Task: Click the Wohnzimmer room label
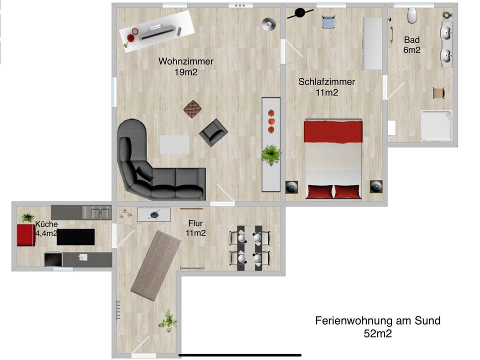point(186,61)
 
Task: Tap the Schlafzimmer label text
point(326,81)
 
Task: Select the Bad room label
point(412,40)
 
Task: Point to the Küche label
point(46,224)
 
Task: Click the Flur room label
point(195,223)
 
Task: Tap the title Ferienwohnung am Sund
point(377,320)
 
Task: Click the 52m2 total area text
point(377,334)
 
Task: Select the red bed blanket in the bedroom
point(333,131)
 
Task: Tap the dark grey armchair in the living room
point(213,132)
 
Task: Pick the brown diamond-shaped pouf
point(192,108)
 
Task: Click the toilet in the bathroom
point(412,16)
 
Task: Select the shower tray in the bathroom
point(436,125)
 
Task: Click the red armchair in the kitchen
point(25,235)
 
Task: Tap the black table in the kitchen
point(75,237)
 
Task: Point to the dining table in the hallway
point(249,247)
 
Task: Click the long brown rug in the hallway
point(155,265)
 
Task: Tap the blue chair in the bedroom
point(328,22)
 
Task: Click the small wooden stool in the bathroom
point(438,92)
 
